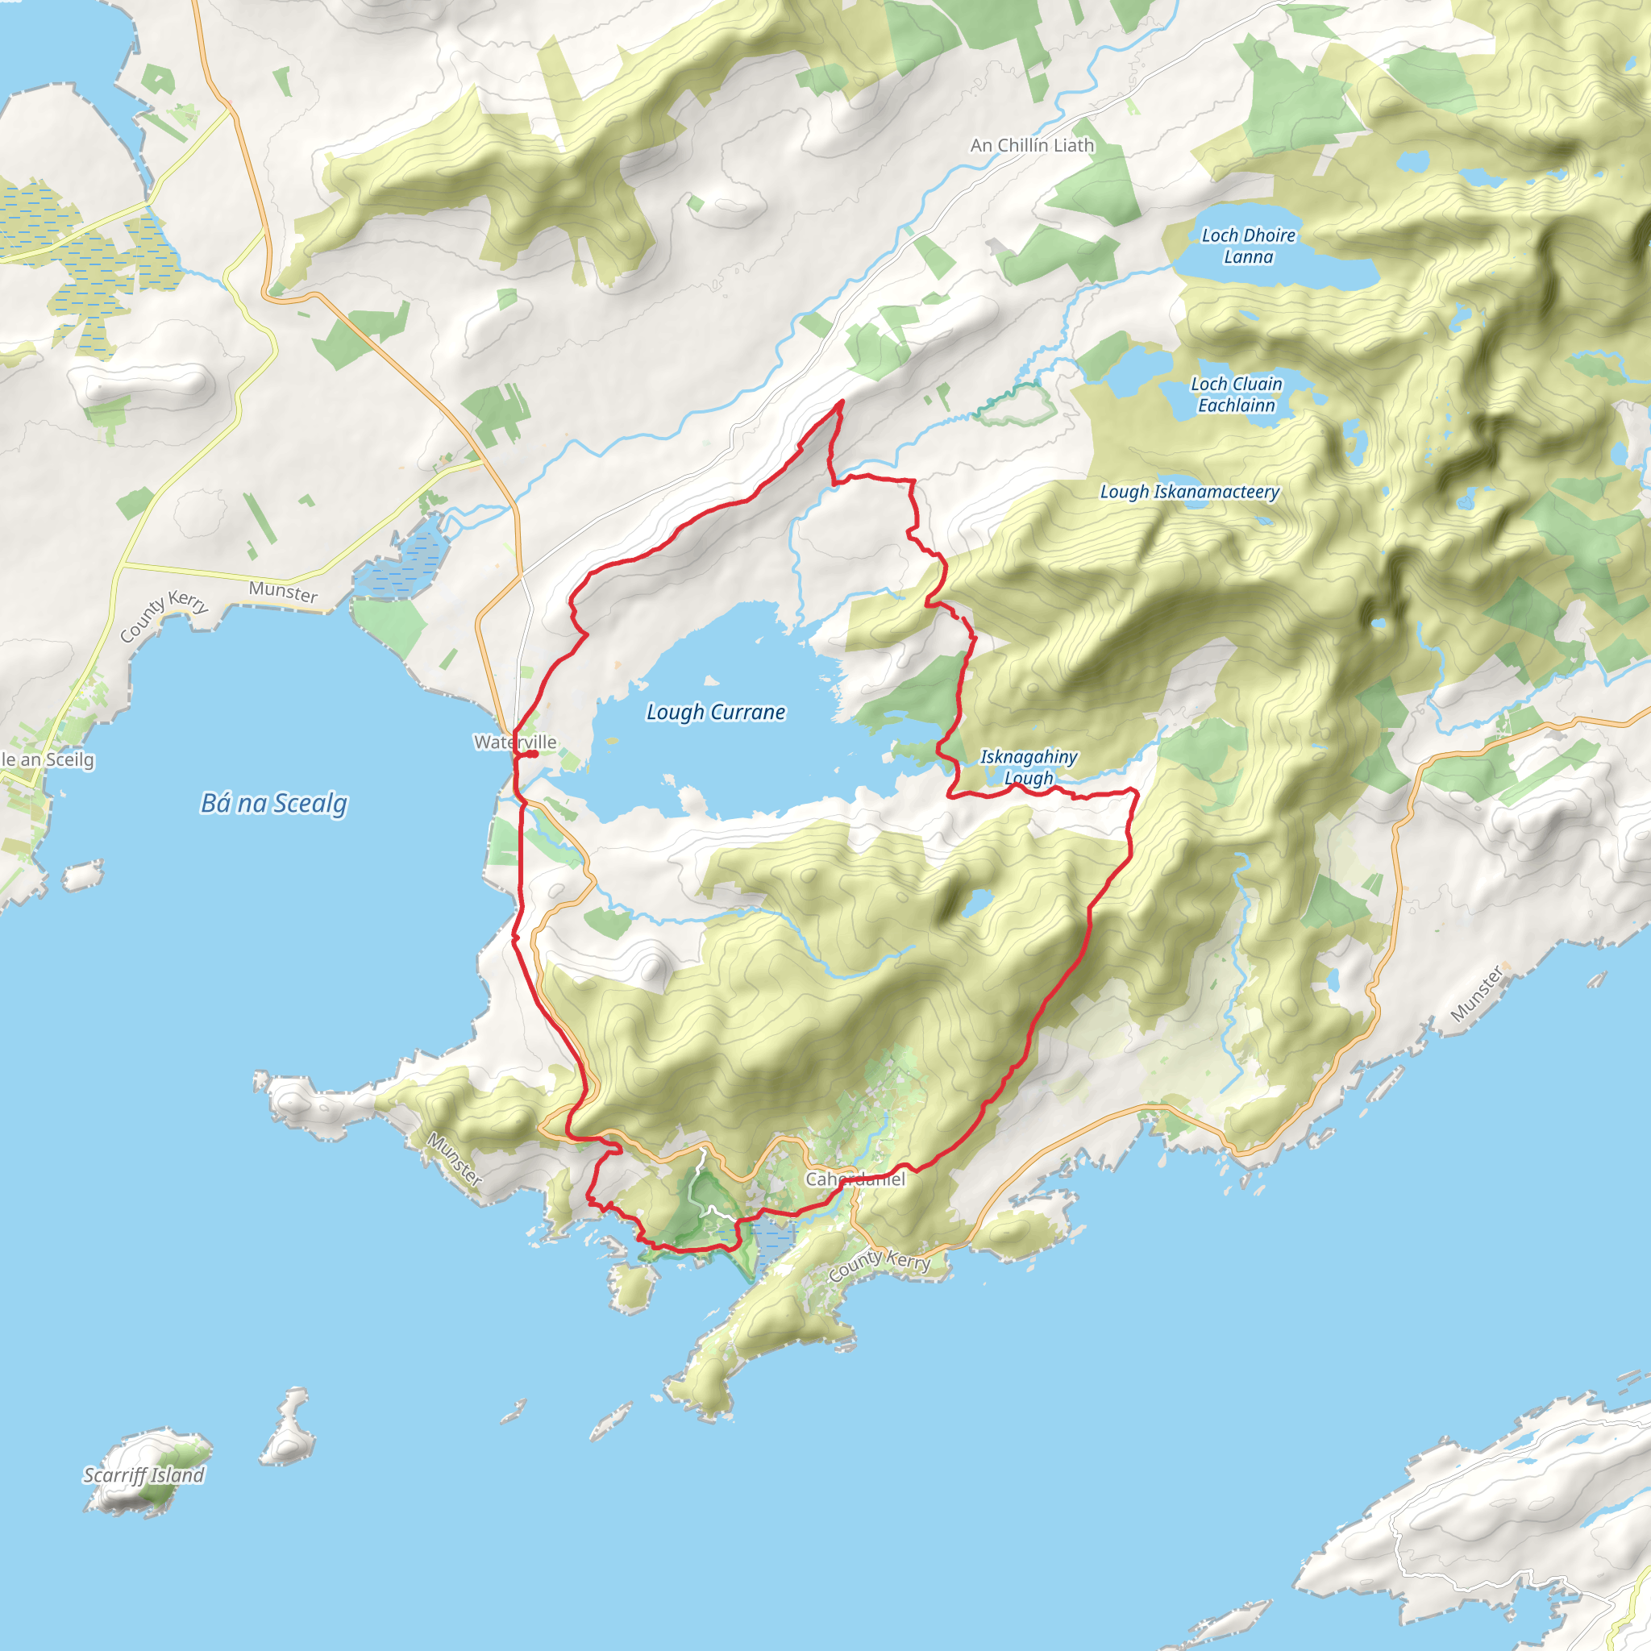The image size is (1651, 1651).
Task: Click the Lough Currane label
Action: click(x=715, y=712)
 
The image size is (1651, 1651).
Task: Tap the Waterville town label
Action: click(x=514, y=742)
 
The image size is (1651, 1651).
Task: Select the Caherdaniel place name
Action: click(x=855, y=1179)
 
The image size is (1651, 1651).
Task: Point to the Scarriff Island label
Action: click(x=143, y=1475)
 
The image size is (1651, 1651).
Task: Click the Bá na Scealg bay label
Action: click(x=273, y=803)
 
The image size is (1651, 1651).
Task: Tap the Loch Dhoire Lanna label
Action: click(x=1248, y=246)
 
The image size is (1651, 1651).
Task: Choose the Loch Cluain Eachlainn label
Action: click(x=1236, y=395)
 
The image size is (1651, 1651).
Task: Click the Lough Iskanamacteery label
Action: click(x=1189, y=492)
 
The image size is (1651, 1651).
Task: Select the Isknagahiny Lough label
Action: click(x=1028, y=767)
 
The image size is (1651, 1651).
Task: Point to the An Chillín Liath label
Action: click(x=1031, y=145)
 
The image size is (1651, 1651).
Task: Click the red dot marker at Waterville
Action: click(x=532, y=755)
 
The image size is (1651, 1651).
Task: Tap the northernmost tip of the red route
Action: click(x=842, y=401)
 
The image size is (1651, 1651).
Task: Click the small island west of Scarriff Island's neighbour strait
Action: click(x=288, y=1427)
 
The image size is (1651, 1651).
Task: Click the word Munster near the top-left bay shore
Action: click(x=283, y=592)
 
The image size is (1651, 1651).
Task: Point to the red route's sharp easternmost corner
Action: click(x=1137, y=792)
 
